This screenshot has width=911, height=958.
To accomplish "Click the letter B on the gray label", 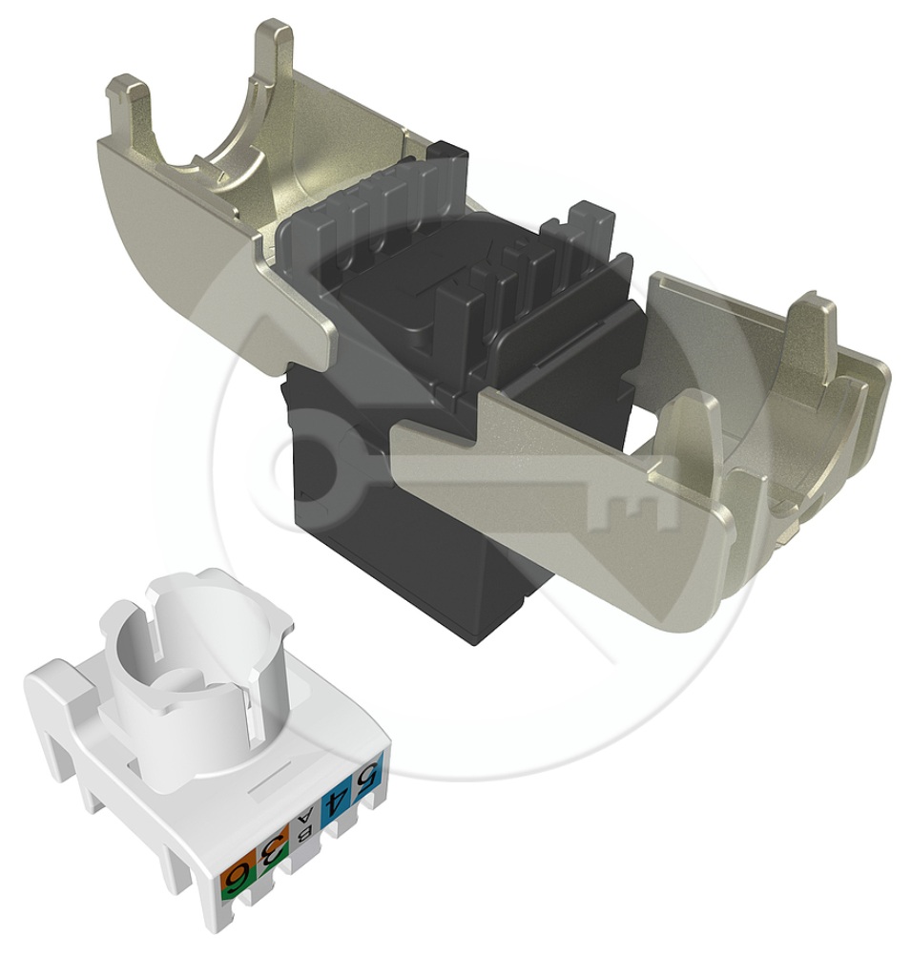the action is pos(302,831).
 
